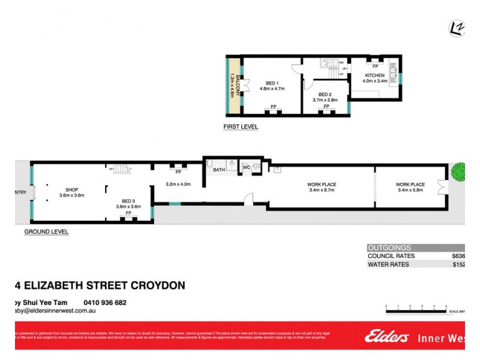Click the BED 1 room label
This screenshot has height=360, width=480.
click(272, 83)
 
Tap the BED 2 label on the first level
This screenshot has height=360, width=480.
click(325, 94)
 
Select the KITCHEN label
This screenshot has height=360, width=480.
click(375, 75)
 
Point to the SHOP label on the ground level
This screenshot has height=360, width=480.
click(72, 190)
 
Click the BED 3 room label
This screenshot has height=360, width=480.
click(128, 201)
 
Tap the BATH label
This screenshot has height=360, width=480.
click(218, 170)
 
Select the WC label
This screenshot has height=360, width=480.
click(246, 167)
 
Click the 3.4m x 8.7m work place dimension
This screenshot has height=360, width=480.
click(321, 191)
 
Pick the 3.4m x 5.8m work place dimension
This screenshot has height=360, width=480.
click(410, 191)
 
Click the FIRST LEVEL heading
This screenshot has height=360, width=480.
click(240, 127)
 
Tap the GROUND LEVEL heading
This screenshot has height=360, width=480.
click(46, 232)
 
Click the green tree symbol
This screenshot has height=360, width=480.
click(459, 172)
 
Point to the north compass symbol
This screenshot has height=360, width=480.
click(456, 28)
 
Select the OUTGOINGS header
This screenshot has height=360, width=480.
click(389, 247)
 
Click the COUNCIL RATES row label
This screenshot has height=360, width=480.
click(391, 256)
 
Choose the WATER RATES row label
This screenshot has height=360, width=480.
click(388, 264)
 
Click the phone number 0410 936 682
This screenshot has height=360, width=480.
click(105, 302)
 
